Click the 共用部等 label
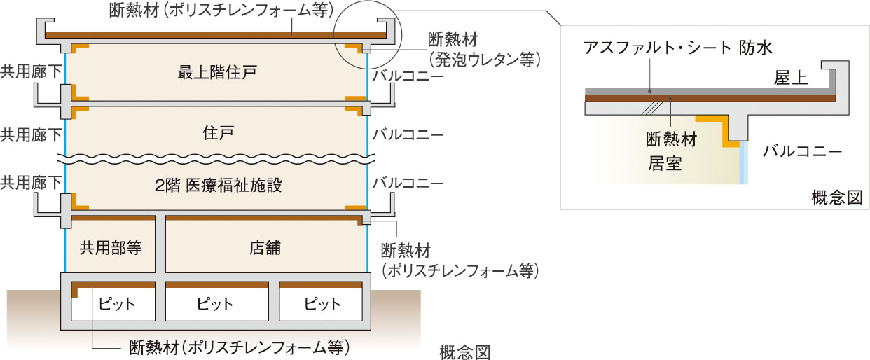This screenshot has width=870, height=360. (111, 247)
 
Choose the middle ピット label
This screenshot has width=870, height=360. (214, 305)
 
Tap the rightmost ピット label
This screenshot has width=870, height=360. (323, 305)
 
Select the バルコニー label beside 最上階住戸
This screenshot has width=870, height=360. (408, 75)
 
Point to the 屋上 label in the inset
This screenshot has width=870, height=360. (792, 78)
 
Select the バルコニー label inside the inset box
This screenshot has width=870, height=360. (801, 150)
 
